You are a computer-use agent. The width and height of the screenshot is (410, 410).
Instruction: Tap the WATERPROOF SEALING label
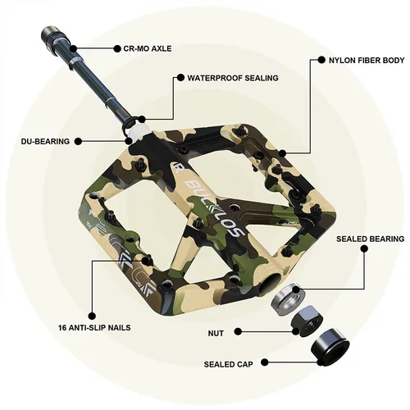pos(233,78)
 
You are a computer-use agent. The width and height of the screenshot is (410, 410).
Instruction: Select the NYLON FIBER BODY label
pos(367,60)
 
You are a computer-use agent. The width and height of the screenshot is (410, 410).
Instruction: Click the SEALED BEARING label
pos(371,239)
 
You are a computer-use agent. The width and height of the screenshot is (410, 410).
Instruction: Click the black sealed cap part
pos(331,346)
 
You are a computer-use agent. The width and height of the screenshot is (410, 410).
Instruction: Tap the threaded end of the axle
pos(46,38)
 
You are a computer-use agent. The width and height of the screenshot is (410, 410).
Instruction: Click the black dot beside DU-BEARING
pos(79,141)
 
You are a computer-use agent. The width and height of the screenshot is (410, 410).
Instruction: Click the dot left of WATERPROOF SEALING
pos(178,78)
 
